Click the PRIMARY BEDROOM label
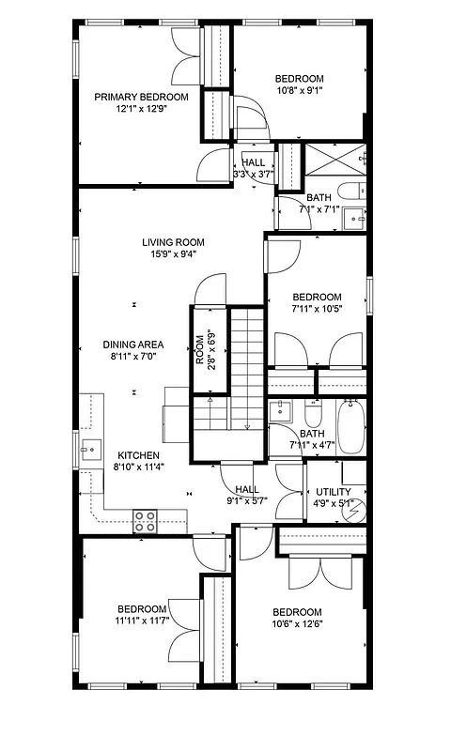[x=140, y=97]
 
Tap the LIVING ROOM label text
[x=173, y=242]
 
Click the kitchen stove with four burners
[x=145, y=521]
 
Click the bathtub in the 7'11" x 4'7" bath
[x=350, y=426]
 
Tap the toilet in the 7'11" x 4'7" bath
[x=313, y=413]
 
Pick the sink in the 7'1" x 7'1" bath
[x=355, y=219]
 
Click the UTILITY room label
[x=334, y=492]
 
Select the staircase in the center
[x=246, y=366]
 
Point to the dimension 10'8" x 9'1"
[x=300, y=91]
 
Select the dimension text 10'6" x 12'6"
[x=298, y=624]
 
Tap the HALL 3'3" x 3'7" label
[x=253, y=168]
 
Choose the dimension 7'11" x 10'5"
[x=316, y=309]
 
